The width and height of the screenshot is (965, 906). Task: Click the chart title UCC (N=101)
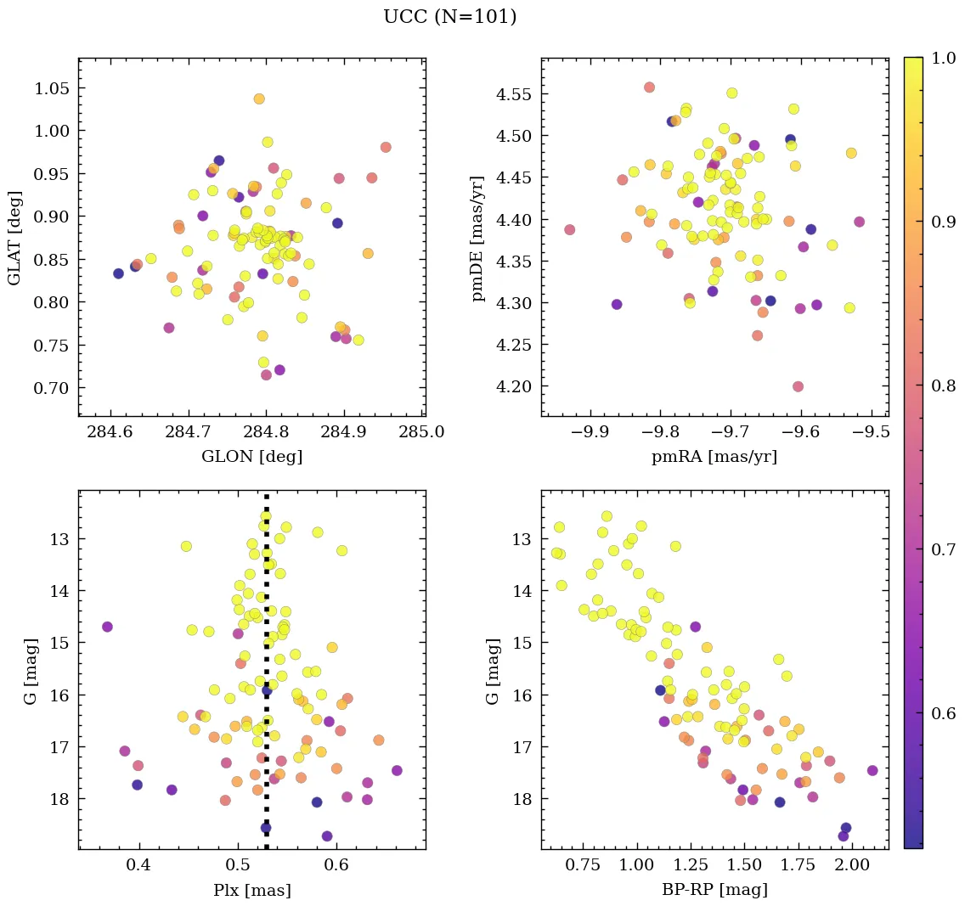449,17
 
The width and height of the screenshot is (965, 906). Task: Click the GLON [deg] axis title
251,456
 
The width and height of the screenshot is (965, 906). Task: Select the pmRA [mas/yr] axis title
714,456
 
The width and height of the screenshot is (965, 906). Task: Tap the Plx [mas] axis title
251,890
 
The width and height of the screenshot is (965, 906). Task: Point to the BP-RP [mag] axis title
714,890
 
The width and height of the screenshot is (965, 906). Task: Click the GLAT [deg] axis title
14,238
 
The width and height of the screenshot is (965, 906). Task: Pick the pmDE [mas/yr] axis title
477,238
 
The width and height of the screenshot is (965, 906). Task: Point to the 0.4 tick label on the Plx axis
139,865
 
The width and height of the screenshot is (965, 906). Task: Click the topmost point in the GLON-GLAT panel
259,98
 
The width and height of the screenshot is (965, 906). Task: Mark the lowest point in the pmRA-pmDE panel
798,386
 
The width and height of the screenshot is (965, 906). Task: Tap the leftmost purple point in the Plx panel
107,627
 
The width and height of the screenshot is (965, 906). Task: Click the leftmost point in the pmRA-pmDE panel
569,229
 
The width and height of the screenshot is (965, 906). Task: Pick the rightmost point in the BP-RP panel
872,770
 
